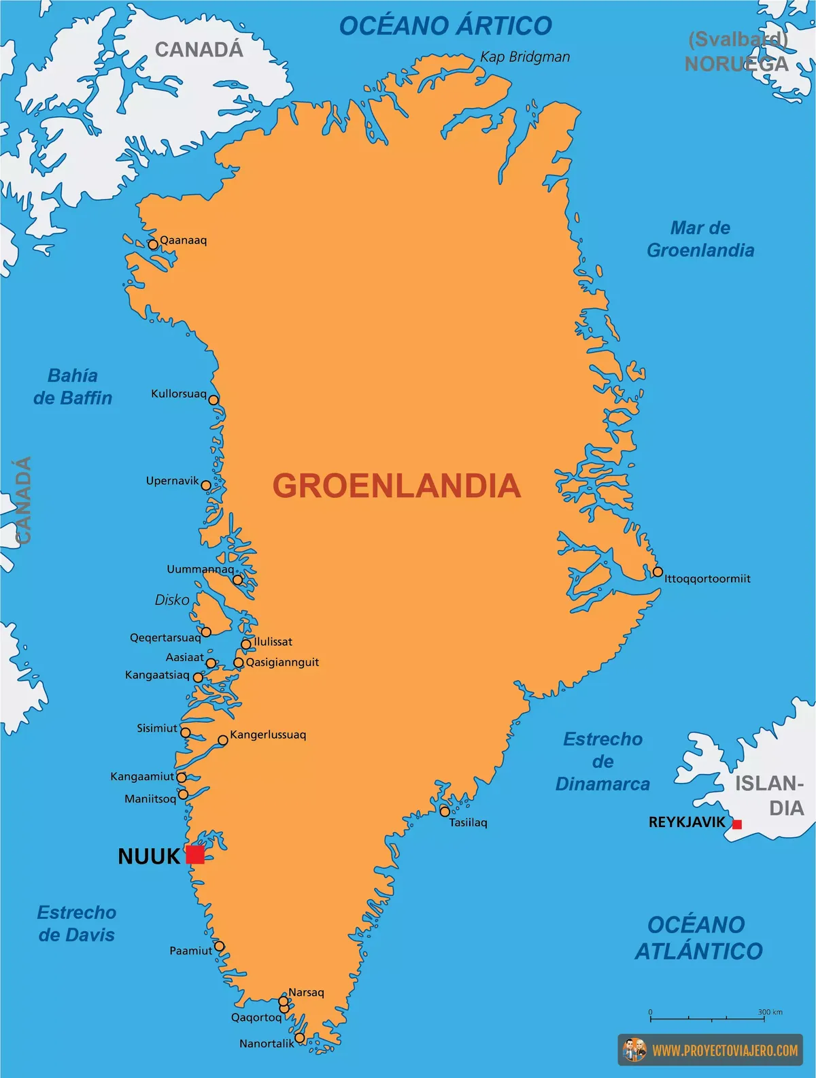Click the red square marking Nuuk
[x=195, y=855]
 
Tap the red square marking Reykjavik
[x=736, y=824]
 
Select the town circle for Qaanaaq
[x=153, y=245]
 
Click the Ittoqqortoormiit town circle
[x=658, y=572]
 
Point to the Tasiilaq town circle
[x=445, y=811]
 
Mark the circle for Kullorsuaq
[x=214, y=400]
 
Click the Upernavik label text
[x=172, y=481]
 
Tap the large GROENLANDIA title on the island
[x=396, y=486]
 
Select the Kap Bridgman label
[x=525, y=57]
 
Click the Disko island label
[x=172, y=600]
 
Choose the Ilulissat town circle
[x=246, y=644]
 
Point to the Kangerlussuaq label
[x=268, y=735]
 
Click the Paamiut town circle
[x=219, y=946]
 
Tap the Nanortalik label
[x=267, y=1043]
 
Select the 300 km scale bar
[x=715, y=1018]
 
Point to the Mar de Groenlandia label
[x=700, y=239]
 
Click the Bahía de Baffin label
[x=73, y=386]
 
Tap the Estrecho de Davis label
[x=76, y=923]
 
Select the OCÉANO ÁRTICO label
[x=445, y=26]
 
